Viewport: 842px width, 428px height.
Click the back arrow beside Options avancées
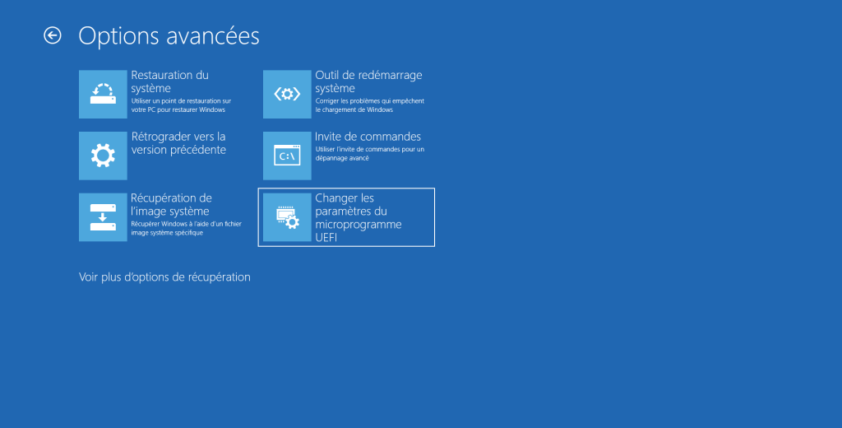[52, 35]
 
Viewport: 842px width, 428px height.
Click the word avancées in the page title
[213, 36]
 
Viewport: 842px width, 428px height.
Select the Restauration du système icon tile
[103, 94]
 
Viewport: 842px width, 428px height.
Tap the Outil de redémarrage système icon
[287, 94]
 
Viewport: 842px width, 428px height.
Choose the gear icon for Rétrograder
[103, 156]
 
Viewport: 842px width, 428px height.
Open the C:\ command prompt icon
[287, 156]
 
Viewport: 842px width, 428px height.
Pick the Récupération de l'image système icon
[103, 217]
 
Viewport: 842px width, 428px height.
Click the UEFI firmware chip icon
[287, 217]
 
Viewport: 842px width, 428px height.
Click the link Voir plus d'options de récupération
[164, 277]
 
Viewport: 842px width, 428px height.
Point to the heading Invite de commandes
[368, 137]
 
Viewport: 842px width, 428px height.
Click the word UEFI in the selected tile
[326, 238]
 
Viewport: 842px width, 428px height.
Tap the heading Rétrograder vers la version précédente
[178, 143]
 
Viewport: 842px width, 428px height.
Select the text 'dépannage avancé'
[342, 158]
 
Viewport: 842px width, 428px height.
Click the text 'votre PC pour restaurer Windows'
[178, 109]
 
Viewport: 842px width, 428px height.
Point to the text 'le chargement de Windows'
[354, 109]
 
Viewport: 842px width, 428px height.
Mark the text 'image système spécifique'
[167, 233]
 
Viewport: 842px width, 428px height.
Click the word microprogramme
[359, 224]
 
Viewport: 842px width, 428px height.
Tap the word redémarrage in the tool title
[391, 75]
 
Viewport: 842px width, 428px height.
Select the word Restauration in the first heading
[162, 75]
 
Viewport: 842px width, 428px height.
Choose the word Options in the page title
[119, 36]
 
